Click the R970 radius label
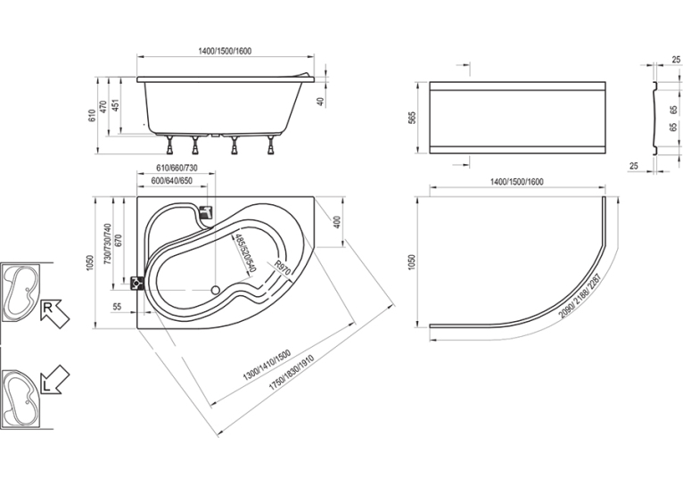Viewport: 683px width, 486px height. coord(282,268)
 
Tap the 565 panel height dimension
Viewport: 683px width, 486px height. coord(412,118)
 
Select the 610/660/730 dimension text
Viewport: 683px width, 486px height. coord(177,169)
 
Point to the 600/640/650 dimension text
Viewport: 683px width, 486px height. coord(171,181)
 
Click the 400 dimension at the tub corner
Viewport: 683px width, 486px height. coord(336,222)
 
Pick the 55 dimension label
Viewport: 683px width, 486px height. coord(117,307)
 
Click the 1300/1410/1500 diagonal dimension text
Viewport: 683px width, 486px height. coord(266,366)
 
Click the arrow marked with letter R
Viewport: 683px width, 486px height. coord(54,314)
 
